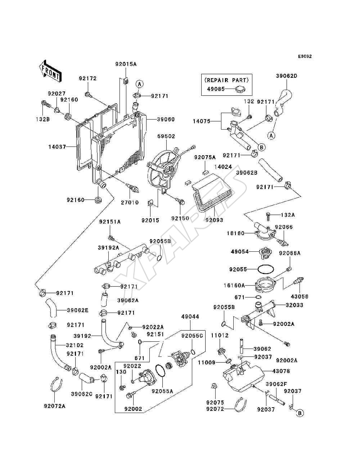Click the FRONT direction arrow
(50, 71)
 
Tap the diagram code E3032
(305, 57)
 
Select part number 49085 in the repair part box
(216, 89)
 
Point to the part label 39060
(166, 119)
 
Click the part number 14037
(57, 147)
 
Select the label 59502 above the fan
(166, 136)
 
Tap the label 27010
(130, 202)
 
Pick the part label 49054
(240, 251)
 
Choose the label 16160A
(234, 286)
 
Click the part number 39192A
(109, 248)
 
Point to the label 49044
(190, 317)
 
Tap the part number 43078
(281, 371)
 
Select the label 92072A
(55, 406)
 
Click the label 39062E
(78, 310)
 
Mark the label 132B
(43, 119)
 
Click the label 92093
(214, 220)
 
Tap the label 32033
(294, 305)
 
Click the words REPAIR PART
(226, 80)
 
